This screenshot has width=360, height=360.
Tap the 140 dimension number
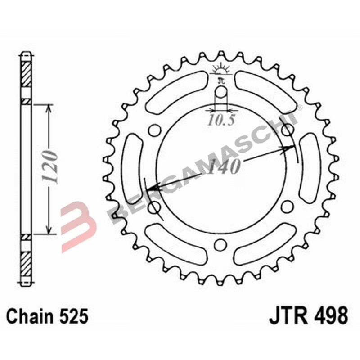click(x=223, y=167)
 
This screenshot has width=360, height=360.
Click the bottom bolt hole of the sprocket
click(x=220, y=244)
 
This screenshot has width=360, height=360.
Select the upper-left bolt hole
click(x=154, y=130)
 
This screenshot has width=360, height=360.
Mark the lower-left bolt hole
click(x=154, y=207)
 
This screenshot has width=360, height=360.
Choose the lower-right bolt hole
click(x=287, y=207)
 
